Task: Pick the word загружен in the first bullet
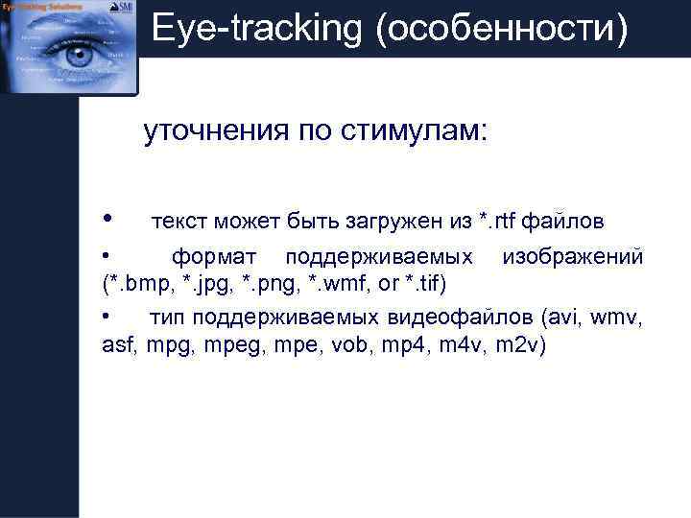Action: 394,224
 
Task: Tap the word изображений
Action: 573,257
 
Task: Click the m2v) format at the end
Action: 519,344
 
